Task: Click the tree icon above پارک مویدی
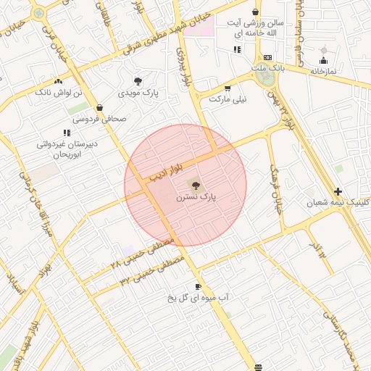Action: click(x=138, y=81)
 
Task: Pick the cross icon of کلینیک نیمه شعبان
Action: click(x=338, y=192)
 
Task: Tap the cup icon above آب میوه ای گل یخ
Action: click(x=198, y=286)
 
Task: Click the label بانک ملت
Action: click(x=265, y=68)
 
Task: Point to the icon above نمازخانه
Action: click(x=323, y=59)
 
